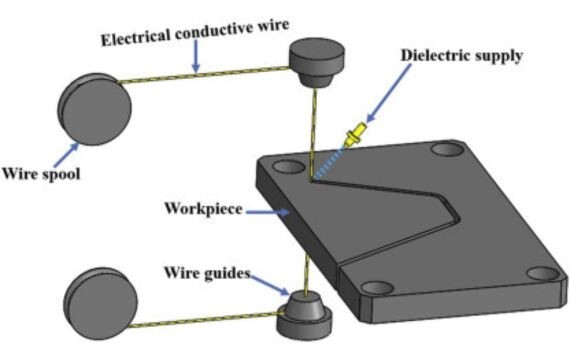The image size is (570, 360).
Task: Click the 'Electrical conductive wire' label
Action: click(195, 32)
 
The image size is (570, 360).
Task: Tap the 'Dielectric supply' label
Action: click(462, 56)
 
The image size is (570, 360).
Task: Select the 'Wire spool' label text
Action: click(41, 174)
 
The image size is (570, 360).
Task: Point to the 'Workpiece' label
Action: click(203, 209)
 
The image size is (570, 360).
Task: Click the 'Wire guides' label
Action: click(207, 273)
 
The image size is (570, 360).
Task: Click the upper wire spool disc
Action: click(95, 109)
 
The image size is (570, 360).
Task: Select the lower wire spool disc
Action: click(101, 304)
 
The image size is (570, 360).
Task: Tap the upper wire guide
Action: click(316, 63)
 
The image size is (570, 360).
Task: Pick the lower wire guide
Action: click(305, 315)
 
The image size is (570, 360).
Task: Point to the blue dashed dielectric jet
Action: click(329, 163)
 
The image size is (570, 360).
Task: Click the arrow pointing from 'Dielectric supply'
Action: click(388, 94)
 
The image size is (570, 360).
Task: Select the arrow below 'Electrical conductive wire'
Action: click(196, 56)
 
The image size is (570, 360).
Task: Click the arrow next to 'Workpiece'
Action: click(268, 211)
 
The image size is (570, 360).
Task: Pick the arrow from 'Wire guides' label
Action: click(270, 285)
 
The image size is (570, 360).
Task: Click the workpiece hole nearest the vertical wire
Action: click(289, 167)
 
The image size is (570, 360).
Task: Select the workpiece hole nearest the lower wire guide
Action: click(378, 288)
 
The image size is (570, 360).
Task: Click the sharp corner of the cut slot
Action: click(459, 219)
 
